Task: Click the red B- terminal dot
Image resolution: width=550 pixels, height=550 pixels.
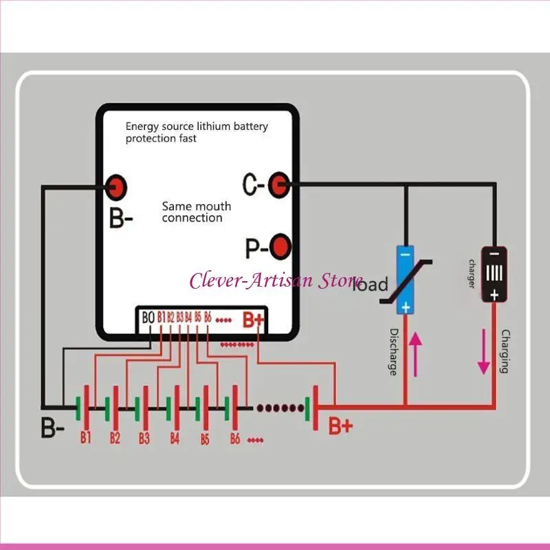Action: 116,185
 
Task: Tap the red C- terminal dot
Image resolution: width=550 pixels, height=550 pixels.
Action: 278,184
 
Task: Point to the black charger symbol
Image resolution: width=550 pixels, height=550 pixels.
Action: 494,273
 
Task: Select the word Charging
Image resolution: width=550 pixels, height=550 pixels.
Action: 505,351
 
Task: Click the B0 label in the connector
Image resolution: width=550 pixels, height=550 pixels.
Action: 148,318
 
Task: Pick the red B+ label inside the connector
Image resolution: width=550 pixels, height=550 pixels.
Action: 253,320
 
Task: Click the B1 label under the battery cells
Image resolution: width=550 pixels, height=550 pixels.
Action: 85,437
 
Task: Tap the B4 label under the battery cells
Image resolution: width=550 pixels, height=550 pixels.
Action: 175,438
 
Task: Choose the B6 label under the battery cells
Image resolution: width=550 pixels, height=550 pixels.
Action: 234,438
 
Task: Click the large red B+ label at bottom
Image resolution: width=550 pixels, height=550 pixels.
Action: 340,426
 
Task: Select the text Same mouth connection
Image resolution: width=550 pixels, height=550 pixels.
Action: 196,212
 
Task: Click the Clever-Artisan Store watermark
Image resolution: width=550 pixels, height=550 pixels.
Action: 276,280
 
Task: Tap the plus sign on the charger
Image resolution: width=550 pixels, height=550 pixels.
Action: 494,294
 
